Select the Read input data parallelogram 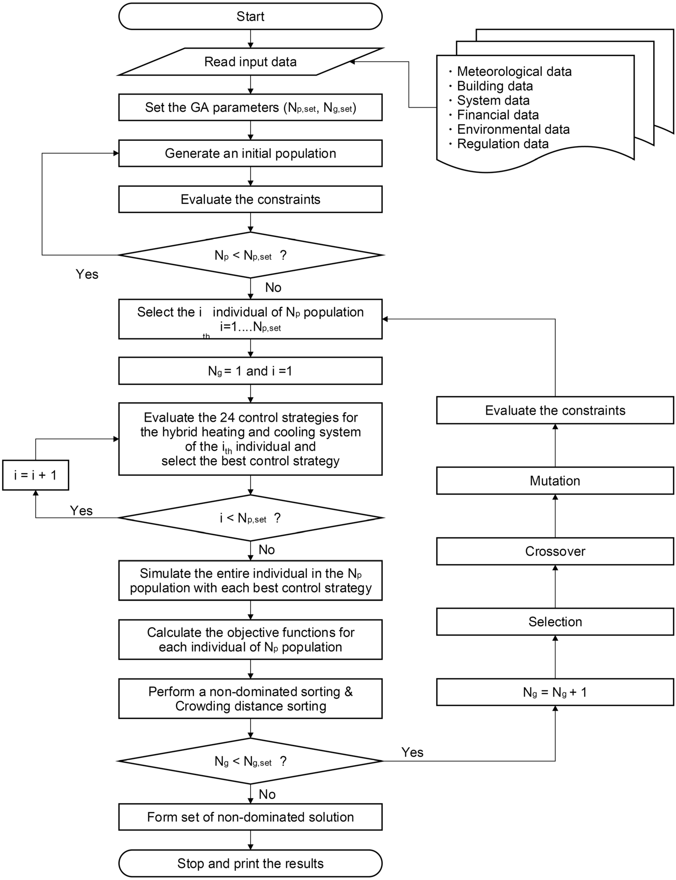pos(250,61)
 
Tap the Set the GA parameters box pos(250,107)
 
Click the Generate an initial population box pos(250,153)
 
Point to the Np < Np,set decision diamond pos(250,255)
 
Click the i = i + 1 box pos(35,475)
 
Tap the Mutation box pos(555,481)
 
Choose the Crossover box pos(555,551)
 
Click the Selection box pos(555,621)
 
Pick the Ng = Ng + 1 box pos(555,692)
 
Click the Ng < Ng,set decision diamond pos(250,761)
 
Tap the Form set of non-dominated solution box pos(250,817)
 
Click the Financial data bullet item pos(498,115)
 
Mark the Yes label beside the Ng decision pos(412,752)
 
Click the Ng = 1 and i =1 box pos(250,371)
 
